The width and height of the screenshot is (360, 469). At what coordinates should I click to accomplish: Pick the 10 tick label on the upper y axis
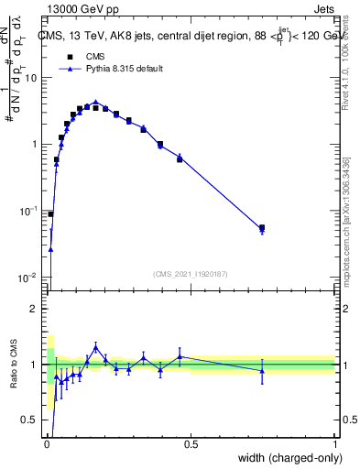point(31,78)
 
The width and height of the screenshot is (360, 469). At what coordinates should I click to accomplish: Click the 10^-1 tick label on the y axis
point(29,211)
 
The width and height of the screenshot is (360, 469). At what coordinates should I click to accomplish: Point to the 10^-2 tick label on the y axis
point(29,278)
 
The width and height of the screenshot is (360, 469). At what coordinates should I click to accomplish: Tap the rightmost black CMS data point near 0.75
point(262,227)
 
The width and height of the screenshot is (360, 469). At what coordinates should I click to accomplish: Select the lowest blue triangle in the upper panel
point(50,248)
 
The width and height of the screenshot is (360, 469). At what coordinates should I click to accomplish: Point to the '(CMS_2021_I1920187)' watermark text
point(191,273)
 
